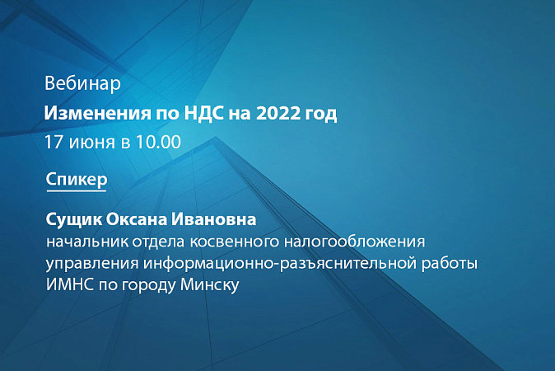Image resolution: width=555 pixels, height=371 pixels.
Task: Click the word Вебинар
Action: point(82,83)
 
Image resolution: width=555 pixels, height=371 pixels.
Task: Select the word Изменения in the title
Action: point(97,114)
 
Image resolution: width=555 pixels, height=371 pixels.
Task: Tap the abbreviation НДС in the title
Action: point(204,114)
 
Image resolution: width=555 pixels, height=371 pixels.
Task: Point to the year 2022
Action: point(278,114)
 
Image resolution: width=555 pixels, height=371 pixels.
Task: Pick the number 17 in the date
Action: point(54,142)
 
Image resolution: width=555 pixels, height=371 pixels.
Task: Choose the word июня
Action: point(92,143)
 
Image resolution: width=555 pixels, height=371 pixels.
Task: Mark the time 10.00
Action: point(158,142)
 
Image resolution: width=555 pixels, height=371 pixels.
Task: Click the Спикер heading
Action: point(77,180)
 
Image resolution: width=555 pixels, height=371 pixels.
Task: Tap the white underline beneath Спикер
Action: point(77,191)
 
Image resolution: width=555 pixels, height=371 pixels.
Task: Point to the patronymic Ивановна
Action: point(214,219)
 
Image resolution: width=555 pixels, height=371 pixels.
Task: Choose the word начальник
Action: point(87,242)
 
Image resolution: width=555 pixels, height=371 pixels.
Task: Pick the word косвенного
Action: point(235,242)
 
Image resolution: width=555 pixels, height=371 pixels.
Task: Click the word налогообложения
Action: point(354,242)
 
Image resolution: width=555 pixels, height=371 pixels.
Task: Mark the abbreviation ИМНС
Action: point(70,285)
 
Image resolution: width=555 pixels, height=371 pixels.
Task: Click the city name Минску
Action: point(209,285)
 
